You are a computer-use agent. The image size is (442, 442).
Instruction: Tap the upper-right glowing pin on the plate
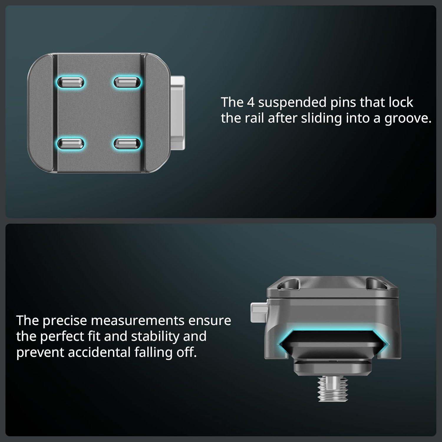127,82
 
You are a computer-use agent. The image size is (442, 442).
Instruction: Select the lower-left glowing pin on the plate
71,144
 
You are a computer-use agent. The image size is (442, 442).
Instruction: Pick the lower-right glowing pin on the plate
127,144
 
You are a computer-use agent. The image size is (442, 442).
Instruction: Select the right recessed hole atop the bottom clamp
375,284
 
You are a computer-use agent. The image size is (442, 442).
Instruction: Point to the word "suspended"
292,103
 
